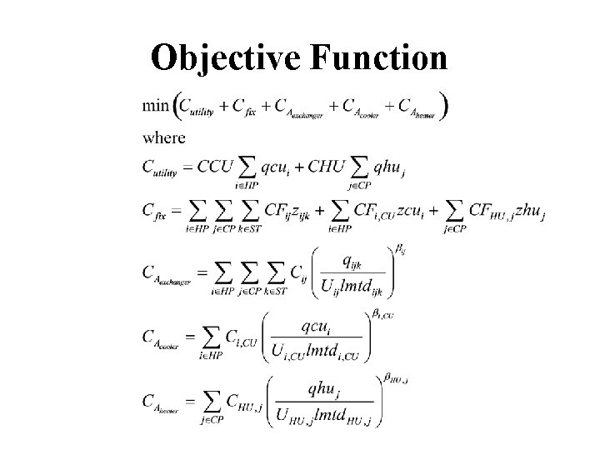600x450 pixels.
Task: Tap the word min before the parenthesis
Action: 155,106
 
